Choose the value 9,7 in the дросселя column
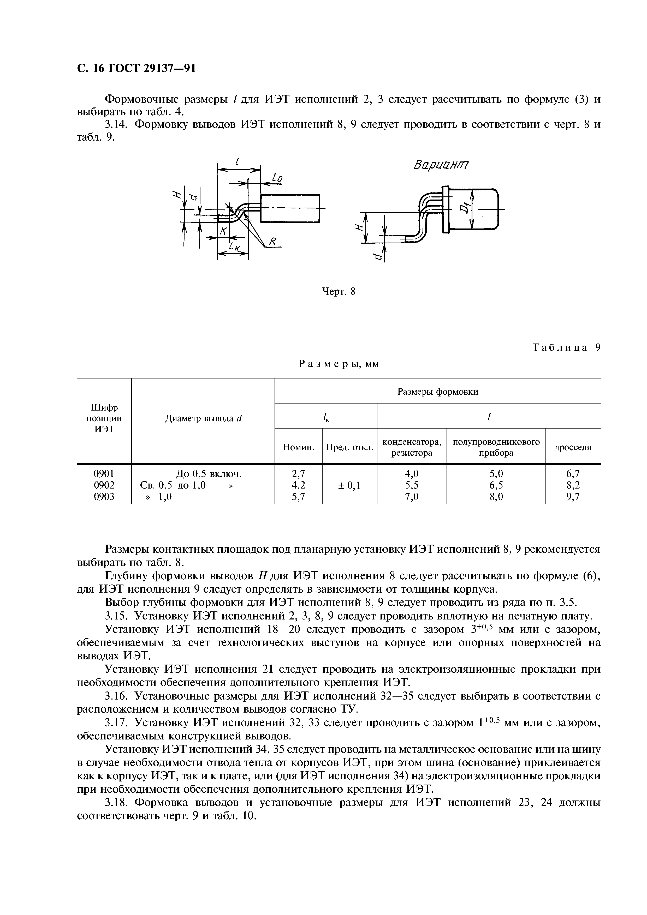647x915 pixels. [573, 497]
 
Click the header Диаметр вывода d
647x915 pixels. [203, 418]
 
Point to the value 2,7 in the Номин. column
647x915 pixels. [298, 474]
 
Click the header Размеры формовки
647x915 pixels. [438, 392]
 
